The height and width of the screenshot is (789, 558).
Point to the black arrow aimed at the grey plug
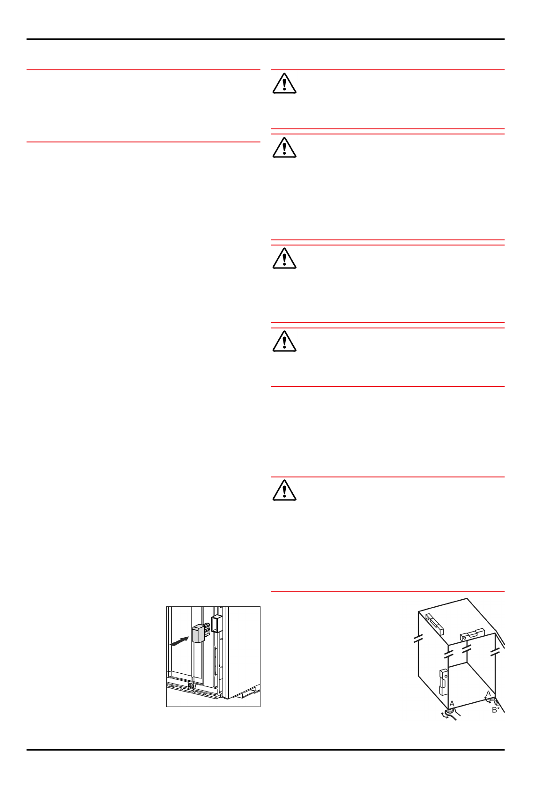179,641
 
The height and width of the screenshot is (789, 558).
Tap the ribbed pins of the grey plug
207,628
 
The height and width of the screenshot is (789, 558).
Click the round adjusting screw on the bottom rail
191,686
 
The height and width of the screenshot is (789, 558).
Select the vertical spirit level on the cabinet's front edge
443,681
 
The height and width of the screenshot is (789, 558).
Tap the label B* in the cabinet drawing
496,710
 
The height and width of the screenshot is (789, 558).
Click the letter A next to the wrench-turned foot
452,704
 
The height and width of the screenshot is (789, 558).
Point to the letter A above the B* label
488,693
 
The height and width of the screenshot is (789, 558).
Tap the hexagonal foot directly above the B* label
497,703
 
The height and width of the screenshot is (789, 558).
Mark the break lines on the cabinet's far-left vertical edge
418,639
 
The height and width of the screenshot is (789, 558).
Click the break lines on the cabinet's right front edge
495,652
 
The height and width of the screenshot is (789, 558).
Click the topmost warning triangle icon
284,84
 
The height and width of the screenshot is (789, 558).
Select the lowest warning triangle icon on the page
284,491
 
